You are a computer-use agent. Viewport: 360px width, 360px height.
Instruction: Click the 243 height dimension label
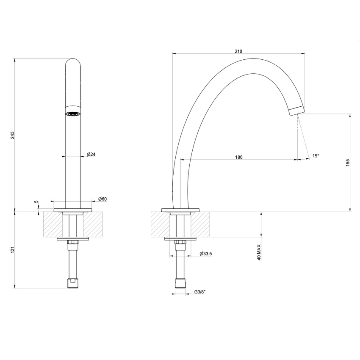[13, 135]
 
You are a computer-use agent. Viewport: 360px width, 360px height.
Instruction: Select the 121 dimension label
[13, 250]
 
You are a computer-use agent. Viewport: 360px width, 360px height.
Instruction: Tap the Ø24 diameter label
[91, 154]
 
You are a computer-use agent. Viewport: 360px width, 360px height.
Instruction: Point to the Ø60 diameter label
[102, 199]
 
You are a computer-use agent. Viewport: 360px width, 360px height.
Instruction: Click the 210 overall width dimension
[238, 51]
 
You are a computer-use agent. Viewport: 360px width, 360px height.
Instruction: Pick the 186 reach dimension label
[238, 157]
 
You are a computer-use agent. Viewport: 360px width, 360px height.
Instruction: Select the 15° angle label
[316, 156]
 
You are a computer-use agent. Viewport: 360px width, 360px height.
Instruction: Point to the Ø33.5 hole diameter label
[205, 254]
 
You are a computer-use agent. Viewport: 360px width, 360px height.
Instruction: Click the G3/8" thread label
[200, 292]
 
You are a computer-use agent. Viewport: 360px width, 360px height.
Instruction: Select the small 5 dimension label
[36, 202]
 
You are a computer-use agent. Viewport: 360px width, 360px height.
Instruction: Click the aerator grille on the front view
[73, 113]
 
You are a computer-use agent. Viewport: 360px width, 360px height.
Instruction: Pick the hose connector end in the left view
[73, 283]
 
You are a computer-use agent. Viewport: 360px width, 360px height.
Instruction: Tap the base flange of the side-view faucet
[180, 209]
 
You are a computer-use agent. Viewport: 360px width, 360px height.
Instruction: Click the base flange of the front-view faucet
[73, 209]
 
